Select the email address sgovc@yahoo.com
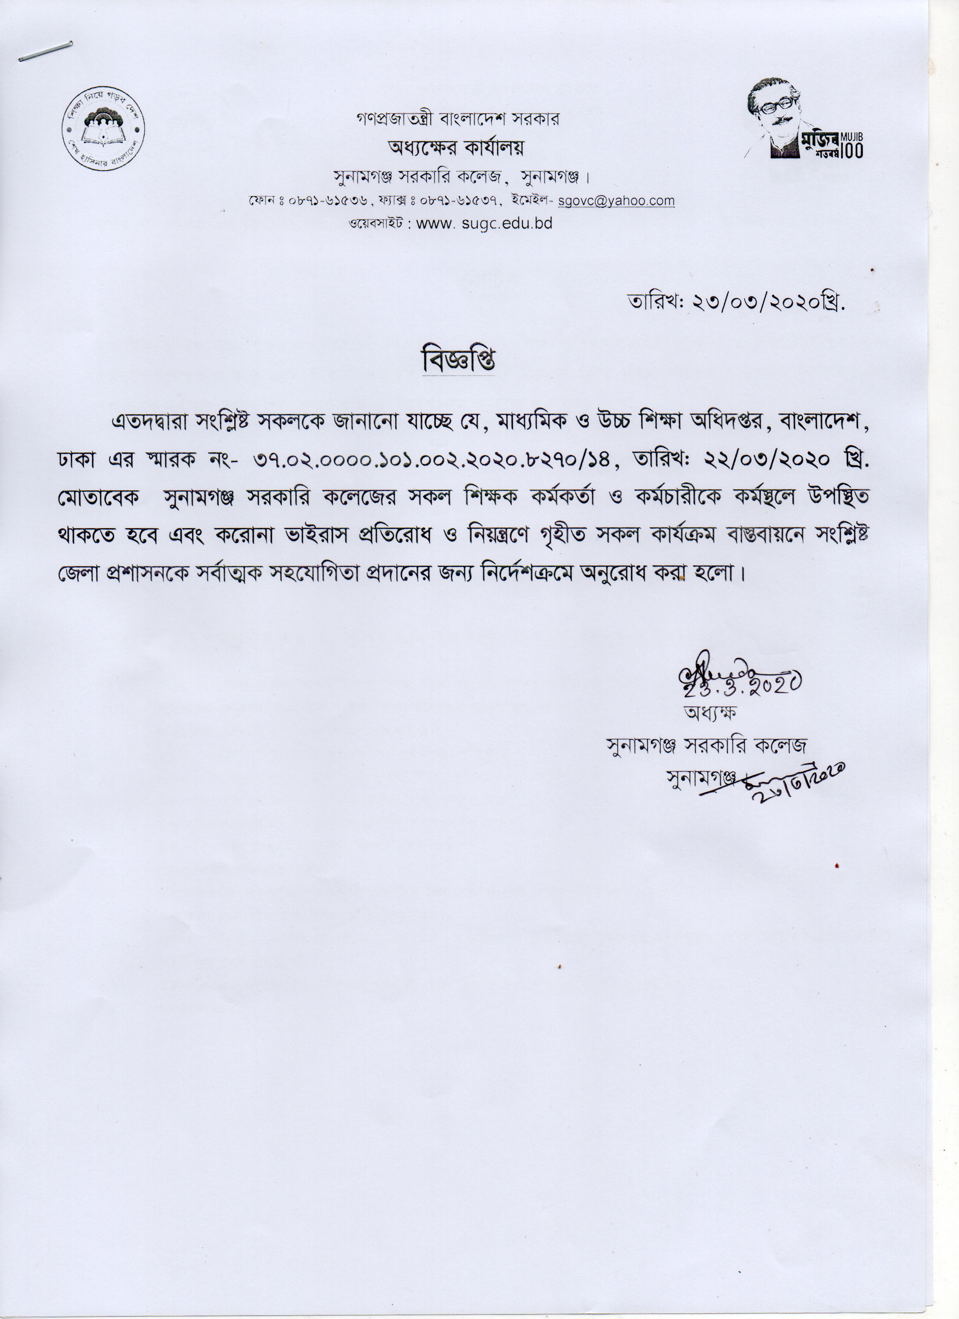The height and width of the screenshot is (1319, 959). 616,201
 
